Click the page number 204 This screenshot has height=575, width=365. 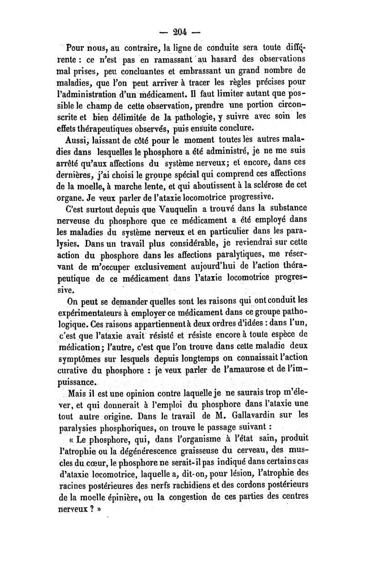click(x=182, y=32)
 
